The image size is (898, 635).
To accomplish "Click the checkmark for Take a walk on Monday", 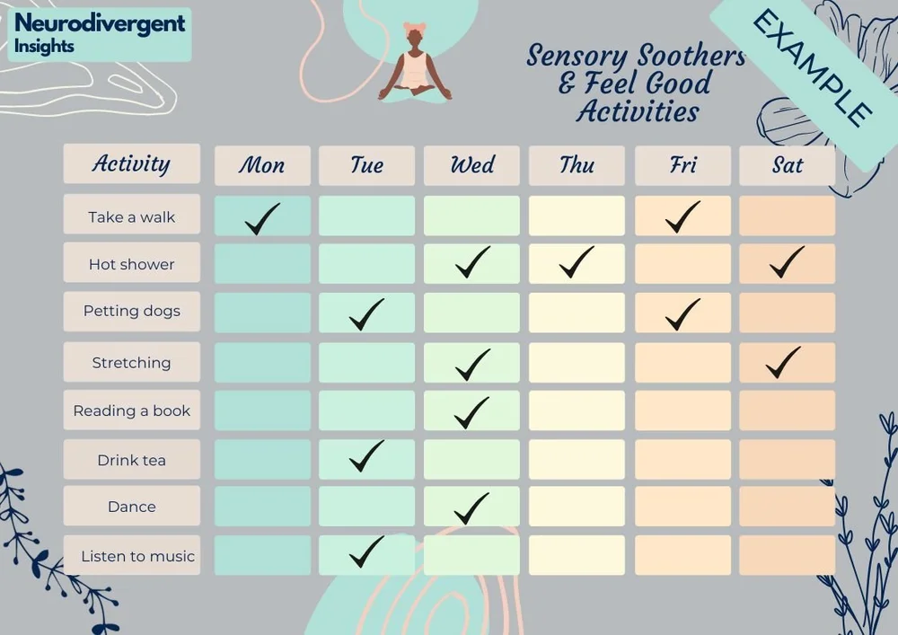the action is point(262,218).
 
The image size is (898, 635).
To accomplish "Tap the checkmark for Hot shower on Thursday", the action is point(577,262).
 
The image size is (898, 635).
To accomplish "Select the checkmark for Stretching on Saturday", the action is point(783,362).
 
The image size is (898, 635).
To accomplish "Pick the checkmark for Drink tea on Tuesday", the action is point(366,455).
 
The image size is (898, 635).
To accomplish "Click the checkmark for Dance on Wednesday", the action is point(471,508).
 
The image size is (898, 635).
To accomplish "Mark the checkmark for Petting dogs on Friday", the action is point(682,313).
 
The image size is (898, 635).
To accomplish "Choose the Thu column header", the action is point(577,165).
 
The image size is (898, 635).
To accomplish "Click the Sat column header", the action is point(787,165).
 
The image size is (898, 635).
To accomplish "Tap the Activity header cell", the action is point(131,163).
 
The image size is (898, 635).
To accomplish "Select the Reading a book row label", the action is point(132,411).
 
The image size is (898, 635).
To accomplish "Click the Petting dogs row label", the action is point(132,312).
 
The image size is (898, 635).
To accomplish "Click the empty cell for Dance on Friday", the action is point(682,507).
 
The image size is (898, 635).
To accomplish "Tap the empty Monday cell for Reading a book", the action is point(262,410).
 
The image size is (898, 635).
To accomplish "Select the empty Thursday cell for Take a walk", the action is point(577,216).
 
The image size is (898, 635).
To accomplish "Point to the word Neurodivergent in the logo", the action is point(100,23).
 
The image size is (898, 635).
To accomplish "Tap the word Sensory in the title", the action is point(576,57).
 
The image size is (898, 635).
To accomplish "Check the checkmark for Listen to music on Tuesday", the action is point(366,551).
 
